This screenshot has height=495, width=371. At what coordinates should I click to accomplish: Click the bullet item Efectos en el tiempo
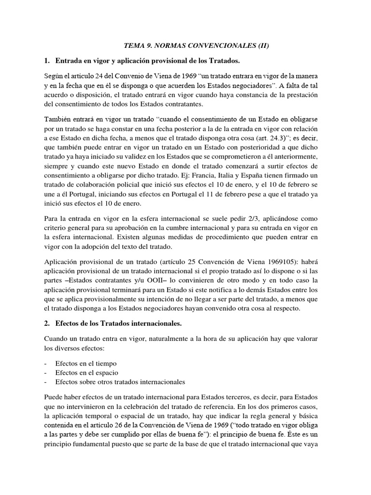tap(86, 363)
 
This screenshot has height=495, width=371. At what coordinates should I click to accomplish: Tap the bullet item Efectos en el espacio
tap(87, 373)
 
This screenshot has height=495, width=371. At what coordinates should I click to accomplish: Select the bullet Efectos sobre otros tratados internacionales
tap(120, 382)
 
